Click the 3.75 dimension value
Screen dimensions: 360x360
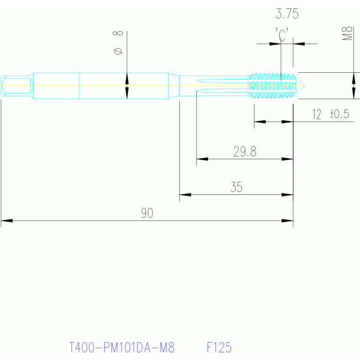[x=287, y=14]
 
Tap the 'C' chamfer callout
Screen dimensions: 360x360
[x=282, y=35]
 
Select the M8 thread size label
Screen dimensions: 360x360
[x=347, y=33]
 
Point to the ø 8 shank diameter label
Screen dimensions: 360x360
[x=118, y=43]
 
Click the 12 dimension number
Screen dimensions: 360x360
[x=317, y=114]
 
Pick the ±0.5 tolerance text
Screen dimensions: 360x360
[x=339, y=114]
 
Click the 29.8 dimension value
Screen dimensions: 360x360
[x=245, y=152]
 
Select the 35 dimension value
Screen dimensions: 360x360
[x=236, y=187]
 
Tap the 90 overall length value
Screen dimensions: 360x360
[x=147, y=213]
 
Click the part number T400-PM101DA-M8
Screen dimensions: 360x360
[x=122, y=347]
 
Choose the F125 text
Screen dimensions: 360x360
[x=219, y=347]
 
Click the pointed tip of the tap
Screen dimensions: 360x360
[x=305, y=86]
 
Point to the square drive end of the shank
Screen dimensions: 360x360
[x=16, y=86]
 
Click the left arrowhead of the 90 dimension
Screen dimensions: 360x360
[x=7, y=221]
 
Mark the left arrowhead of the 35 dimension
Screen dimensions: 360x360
[x=185, y=195]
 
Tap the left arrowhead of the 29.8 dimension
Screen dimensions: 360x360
[x=202, y=159]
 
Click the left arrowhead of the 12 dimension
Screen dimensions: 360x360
[x=260, y=122]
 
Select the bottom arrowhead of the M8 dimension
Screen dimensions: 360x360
[x=353, y=93]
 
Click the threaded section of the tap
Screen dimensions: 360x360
[x=272, y=86]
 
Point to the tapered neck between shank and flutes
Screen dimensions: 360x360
[x=174, y=86]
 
